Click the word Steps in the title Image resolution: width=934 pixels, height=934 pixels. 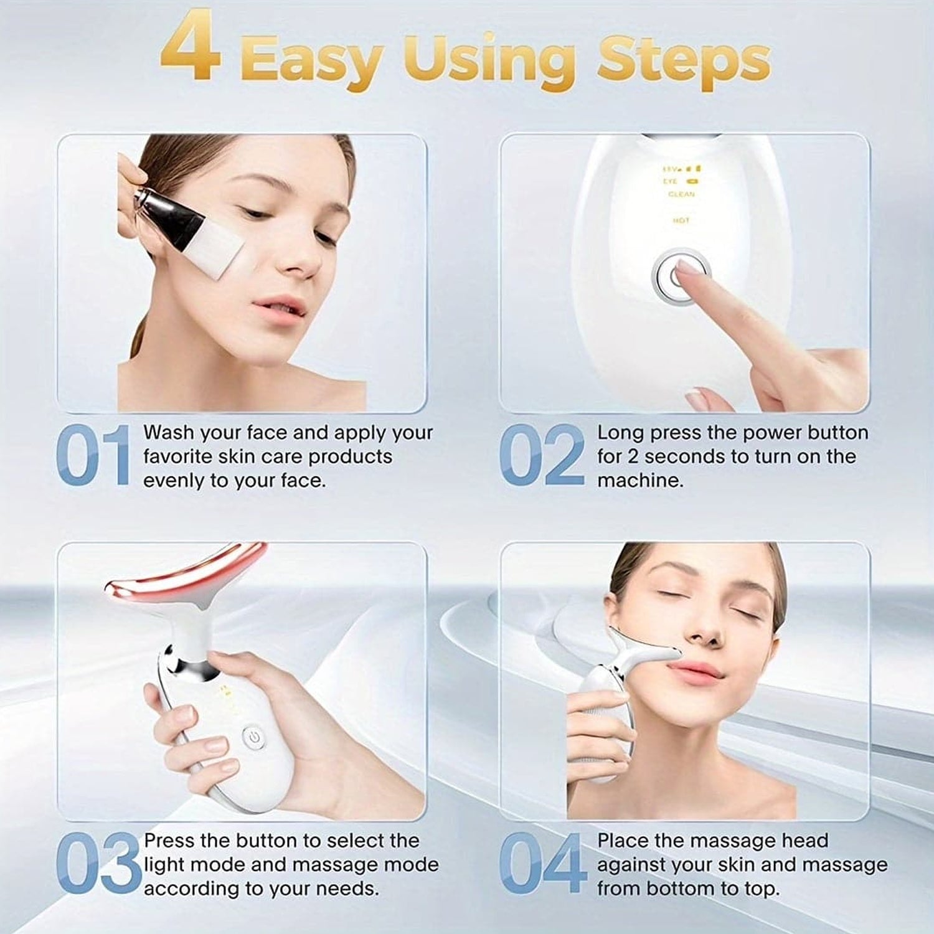(683, 61)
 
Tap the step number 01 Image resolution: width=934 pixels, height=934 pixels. (93, 455)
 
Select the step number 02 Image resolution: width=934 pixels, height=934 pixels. (542, 455)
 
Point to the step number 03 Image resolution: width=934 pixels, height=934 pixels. (98, 864)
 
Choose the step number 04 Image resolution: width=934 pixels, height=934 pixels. (542, 864)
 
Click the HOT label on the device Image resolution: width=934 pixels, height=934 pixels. (681, 220)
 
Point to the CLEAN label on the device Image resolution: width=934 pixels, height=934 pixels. (681, 194)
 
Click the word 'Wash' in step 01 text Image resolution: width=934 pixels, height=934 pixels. (169, 432)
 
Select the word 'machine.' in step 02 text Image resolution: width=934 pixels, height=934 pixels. (640, 480)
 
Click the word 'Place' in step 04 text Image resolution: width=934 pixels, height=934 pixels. (623, 841)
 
